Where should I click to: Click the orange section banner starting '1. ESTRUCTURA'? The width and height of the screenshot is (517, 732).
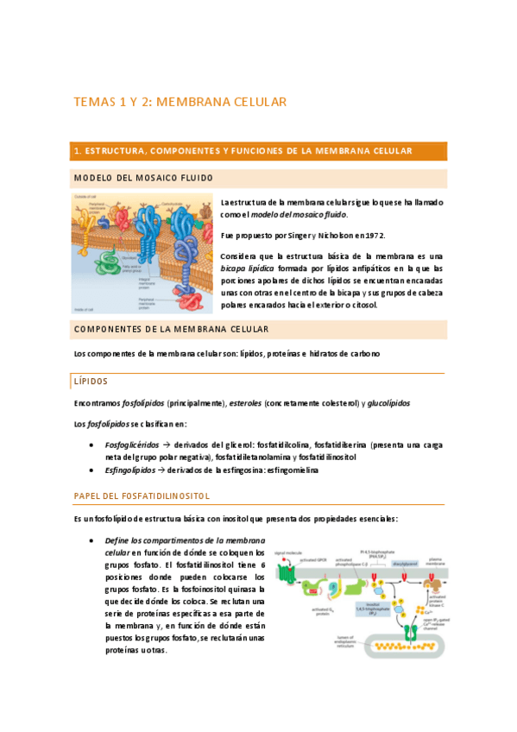point(258,151)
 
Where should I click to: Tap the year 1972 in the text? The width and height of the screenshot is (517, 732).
point(372,235)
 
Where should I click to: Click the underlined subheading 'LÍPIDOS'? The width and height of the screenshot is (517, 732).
point(91,381)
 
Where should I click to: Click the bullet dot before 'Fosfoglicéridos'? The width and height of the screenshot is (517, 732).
point(92,445)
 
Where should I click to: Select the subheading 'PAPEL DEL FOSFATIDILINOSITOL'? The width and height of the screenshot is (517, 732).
point(142,495)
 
